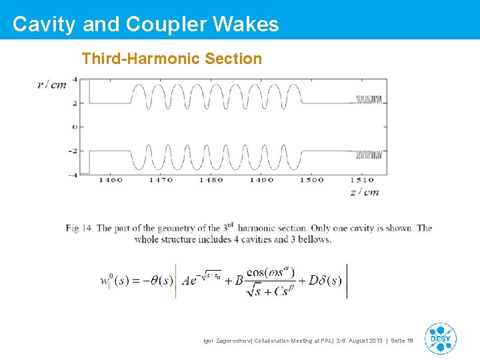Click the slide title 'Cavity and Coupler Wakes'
[145, 25]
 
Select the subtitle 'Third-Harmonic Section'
[172, 59]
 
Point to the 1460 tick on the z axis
[111, 180]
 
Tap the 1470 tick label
[161, 180]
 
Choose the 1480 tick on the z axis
[211, 180]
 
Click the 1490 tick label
[261, 180]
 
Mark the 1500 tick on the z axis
[311, 180]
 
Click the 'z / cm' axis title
[365, 192]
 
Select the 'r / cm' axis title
[52, 85]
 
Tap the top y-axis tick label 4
[75, 79]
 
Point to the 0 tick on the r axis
[75, 127]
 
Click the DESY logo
[440, 339]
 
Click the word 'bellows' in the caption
[313, 239]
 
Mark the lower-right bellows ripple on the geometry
[371, 155]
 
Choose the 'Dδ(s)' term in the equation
[325, 281]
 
